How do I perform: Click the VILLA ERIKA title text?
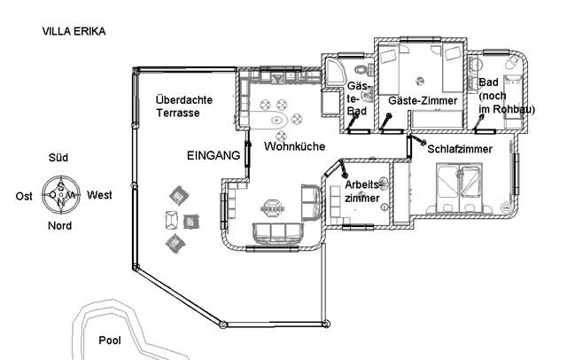[74, 31]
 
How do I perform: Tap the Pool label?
[110, 340]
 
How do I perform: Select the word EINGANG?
[214, 155]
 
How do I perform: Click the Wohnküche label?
[294, 146]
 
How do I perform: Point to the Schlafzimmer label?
[460, 149]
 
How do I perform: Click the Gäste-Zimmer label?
[423, 100]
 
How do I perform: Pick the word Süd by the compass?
[58, 158]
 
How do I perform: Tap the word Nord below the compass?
[59, 226]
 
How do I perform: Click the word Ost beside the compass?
[24, 196]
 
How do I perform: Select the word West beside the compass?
[99, 195]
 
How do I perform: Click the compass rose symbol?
[61, 195]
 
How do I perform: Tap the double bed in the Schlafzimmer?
[459, 188]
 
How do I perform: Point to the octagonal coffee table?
[272, 207]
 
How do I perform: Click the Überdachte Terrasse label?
[183, 106]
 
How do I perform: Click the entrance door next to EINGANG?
[248, 153]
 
